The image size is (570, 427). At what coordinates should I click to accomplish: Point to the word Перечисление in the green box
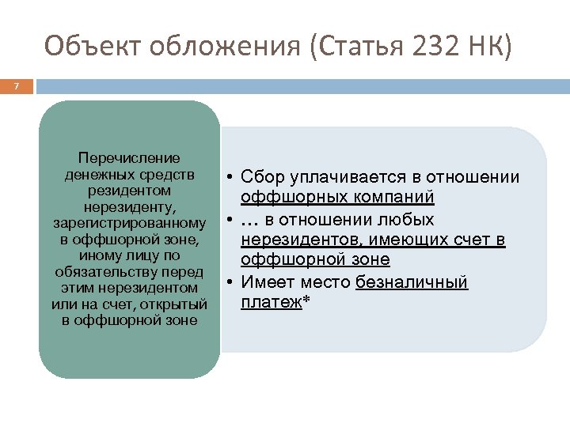(x=129, y=158)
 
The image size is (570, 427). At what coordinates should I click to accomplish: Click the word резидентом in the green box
(x=129, y=191)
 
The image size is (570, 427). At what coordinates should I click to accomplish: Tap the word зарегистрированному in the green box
(x=129, y=223)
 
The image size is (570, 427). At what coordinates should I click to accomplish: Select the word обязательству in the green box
(x=129, y=271)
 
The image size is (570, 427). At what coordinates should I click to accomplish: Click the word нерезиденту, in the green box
(x=129, y=207)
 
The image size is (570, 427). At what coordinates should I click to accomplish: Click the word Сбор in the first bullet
(x=261, y=176)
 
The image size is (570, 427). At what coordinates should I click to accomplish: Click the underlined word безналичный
(x=412, y=282)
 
